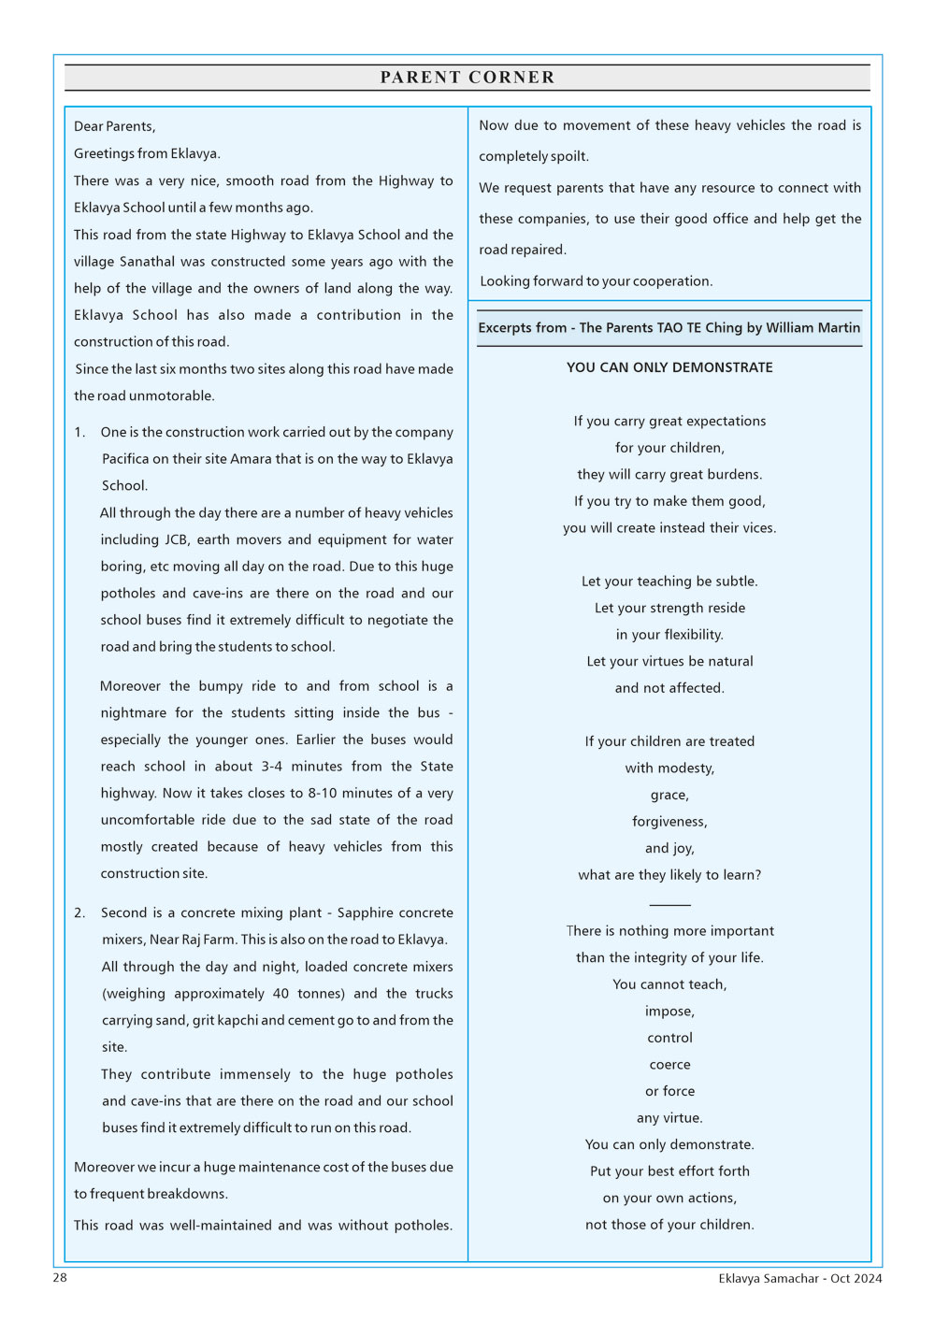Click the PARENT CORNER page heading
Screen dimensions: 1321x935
point(467,78)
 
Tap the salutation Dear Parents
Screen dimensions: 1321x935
point(114,126)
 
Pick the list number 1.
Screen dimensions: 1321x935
point(79,432)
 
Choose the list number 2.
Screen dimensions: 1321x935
point(79,912)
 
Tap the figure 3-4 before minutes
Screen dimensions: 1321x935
point(271,767)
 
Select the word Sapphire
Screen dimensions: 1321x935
point(372,912)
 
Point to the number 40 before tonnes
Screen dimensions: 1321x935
point(280,994)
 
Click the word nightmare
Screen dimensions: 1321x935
point(134,712)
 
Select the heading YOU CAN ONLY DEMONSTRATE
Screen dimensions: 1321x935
point(669,367)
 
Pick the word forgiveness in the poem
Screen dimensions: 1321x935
point(669,822)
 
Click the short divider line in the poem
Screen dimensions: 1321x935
point(669,905)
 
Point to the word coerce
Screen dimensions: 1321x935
point(669,1065)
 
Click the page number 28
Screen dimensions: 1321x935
point(60,1278)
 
